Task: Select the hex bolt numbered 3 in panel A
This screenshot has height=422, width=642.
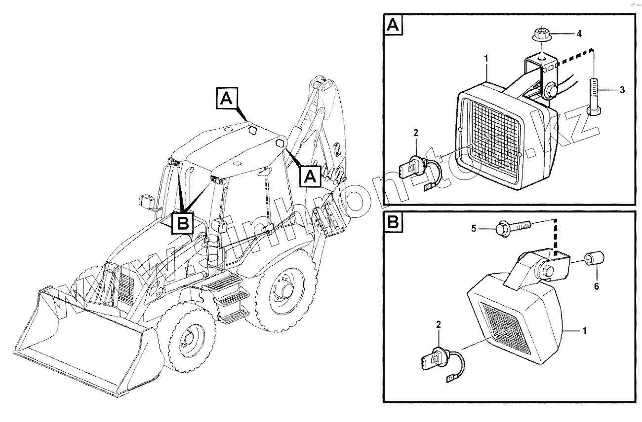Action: pos(594,99)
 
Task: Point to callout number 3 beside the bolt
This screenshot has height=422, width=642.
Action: pos(622,90)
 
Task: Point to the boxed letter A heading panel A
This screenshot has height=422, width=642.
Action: pos(393,25)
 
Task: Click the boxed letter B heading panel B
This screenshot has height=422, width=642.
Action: pos(393,223)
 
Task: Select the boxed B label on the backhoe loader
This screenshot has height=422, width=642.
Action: pos(182,224)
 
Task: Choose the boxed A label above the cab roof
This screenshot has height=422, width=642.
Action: pos(225,99)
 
